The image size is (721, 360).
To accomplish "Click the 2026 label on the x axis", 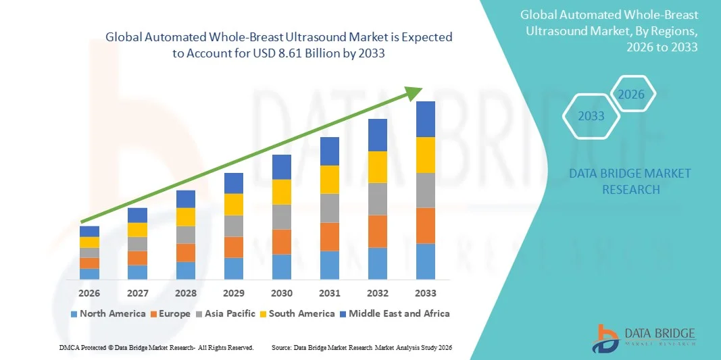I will click(x=89, y=293).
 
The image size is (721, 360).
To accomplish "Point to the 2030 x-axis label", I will click(x=282, y=293).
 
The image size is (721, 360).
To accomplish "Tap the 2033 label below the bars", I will click(x=426, y=293).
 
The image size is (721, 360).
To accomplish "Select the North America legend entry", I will click(x=107, y=313).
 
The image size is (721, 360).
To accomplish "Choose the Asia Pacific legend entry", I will click(x=226, y=313).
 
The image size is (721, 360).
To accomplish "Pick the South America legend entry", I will click(x=297, y=313).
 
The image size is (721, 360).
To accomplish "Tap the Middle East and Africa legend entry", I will click(x=395, y=313).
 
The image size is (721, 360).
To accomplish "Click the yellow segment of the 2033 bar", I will click(x=426, y=155).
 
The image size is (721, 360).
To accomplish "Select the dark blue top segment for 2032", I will click(x=378, y=134).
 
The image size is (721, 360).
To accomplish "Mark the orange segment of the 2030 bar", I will click(x=282, y=241).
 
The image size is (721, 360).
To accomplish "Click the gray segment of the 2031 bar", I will click(x=330, y=208).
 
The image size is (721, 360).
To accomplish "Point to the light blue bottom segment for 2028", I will click(x=186, y=270).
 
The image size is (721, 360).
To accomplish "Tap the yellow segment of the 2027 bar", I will click(x=138, y=230).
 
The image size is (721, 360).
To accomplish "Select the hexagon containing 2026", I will click(x=632, y=95).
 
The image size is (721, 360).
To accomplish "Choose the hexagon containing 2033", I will click(x=592, y=116).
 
